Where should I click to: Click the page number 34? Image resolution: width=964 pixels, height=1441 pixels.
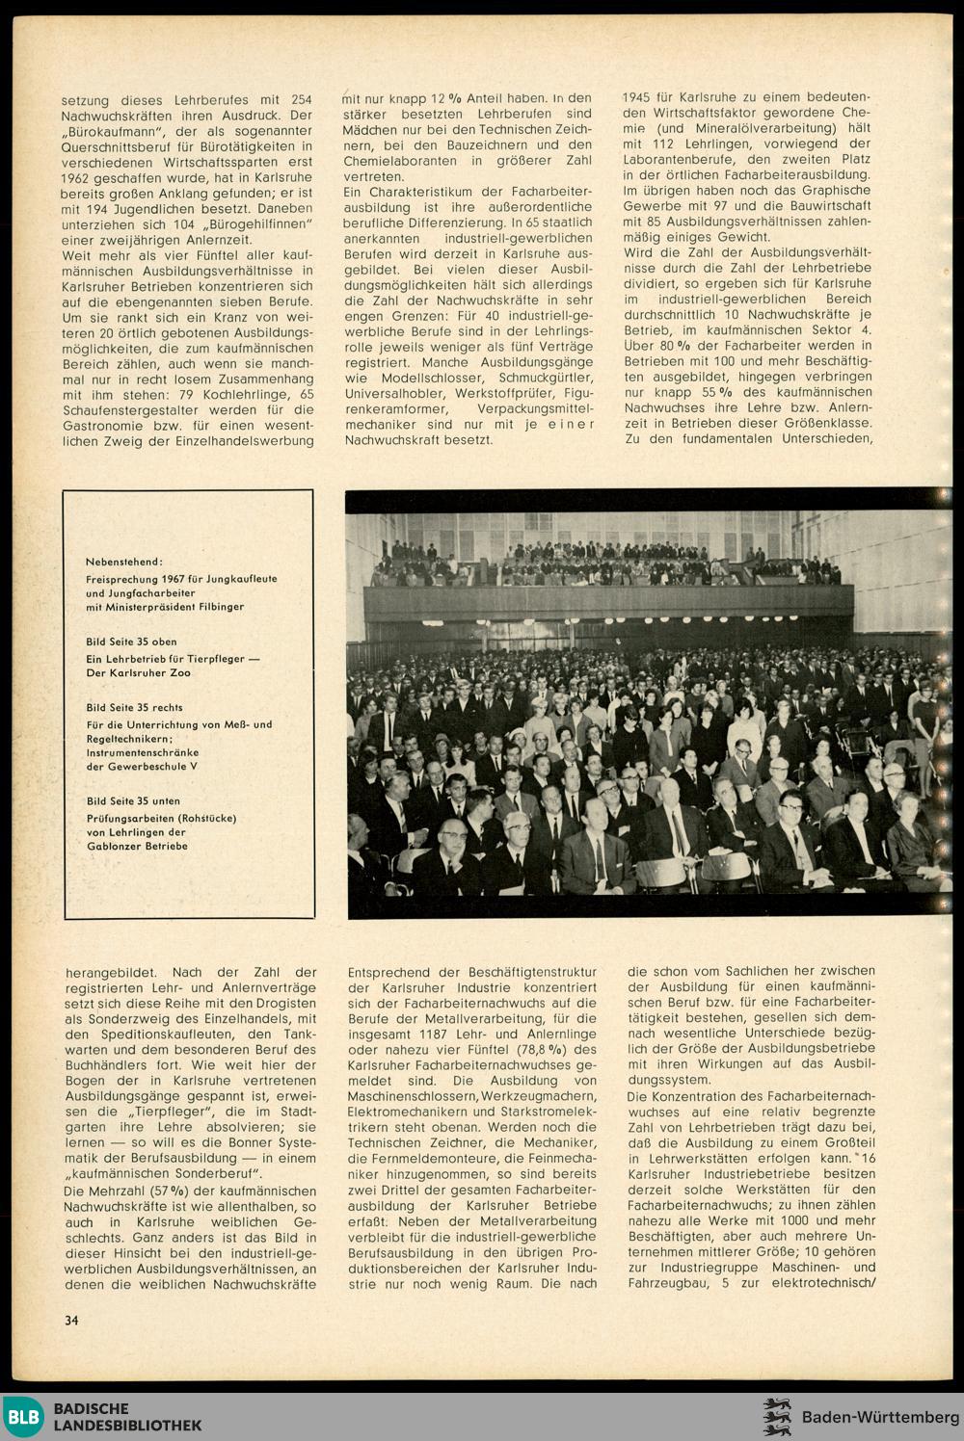(71, 1320)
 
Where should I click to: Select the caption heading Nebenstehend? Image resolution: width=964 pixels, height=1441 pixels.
(124, 561)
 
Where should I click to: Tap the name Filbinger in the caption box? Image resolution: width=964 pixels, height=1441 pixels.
(218, 607)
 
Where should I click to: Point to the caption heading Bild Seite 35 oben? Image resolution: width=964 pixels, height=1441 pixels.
(131, 641)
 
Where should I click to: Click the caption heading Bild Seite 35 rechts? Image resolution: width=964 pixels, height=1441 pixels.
(134, 707)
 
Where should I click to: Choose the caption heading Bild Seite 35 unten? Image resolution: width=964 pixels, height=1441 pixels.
(133, 800)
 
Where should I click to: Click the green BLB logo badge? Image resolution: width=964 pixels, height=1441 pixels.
(21, 1416)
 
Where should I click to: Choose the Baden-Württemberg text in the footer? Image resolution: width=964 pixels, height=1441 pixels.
(880, 1417)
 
